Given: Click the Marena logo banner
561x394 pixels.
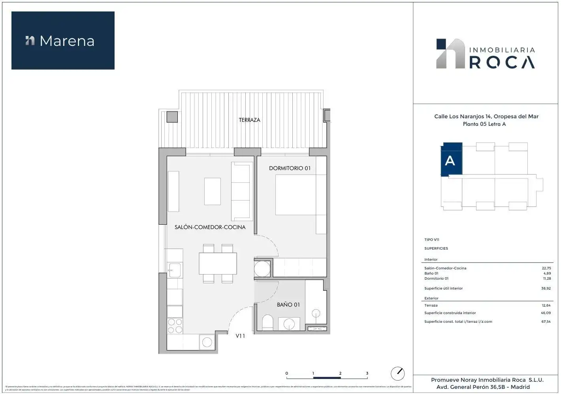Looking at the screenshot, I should (63, 40).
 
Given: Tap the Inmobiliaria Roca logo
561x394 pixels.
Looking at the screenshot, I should (486, 54).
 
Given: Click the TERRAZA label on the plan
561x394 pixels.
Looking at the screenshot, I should (249, 120).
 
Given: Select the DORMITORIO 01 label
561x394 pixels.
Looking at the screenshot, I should (290, 168).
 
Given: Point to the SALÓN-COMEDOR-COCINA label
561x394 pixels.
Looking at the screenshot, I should (210, 227).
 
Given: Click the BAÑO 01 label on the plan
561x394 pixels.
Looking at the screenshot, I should (288, 305).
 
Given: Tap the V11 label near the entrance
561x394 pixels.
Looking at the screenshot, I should (240, 336).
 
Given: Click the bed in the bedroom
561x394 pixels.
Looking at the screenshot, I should (295, 195).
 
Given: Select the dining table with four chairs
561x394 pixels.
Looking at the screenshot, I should (218, 263).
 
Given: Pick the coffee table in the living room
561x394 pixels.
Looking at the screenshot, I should (212, 191).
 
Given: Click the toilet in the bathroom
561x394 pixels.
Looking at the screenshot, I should (267, 322).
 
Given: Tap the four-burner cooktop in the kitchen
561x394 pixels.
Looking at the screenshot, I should (175, 326).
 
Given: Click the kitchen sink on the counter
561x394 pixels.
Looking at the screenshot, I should (174, 270).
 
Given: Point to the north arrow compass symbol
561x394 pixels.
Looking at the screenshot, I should (397, 373).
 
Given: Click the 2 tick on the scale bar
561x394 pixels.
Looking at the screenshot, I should (340, 373).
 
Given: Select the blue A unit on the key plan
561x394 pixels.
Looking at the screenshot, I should (451, 159).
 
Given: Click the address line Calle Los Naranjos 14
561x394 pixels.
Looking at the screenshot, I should (486, 116).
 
